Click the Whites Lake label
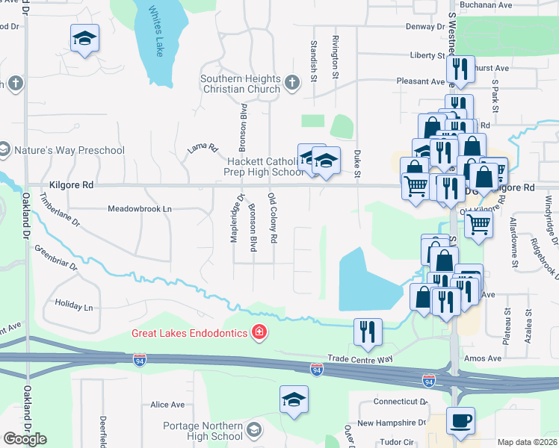point(156,31)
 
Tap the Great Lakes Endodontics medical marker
point(259,332)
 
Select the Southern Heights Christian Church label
point(241,84)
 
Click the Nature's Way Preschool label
point(69,150)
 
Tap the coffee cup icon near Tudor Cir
point(460,420)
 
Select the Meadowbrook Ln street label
point(140,209)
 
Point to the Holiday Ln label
point(74,307)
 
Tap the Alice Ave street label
point(167,405)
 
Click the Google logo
point(25,439)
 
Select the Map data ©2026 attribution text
point(527,442)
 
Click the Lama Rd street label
point(202,149)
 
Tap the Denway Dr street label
point(424,26)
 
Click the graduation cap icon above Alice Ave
point(294,399)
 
